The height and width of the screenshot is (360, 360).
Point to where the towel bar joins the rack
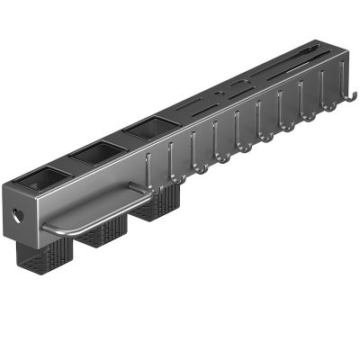click(x=135, y=188)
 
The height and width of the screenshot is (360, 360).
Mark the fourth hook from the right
click(x=287, y=124)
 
